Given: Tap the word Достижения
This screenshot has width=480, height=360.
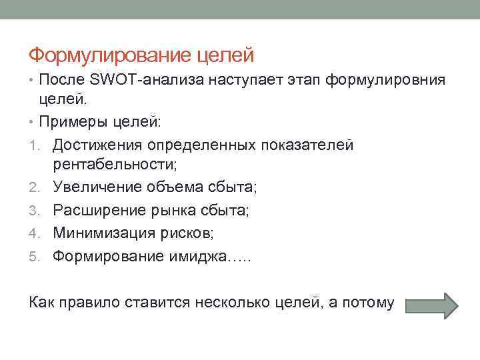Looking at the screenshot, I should pos(101,145).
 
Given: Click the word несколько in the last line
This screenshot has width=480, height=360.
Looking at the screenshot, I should pos(233,303).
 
